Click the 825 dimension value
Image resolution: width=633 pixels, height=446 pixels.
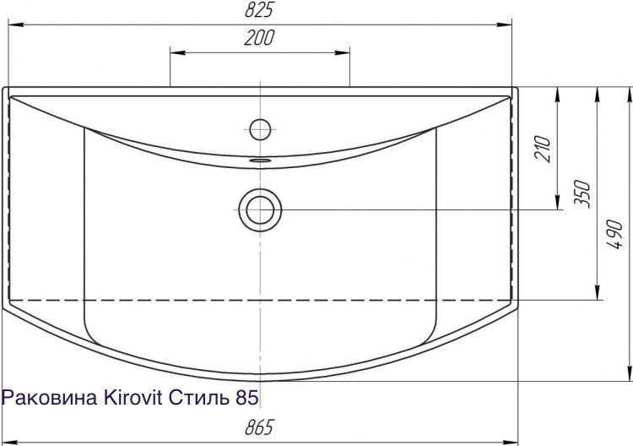(x=259, y=9)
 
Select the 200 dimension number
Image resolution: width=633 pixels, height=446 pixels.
(x=259, y=37)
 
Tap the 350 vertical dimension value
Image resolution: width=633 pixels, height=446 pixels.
(x=583, y=194)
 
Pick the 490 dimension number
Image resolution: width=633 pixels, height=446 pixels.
(x=614, y=234)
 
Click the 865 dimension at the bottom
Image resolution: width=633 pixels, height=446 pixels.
(x=259, y=427)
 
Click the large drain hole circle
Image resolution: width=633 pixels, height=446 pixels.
(x=260, y=210)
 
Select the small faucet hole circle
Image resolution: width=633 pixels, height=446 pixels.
(x=260, y=129)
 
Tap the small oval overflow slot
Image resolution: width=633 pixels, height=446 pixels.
(x=260, y=160)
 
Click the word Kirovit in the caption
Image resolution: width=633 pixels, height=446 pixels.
(x=133, y=398)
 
